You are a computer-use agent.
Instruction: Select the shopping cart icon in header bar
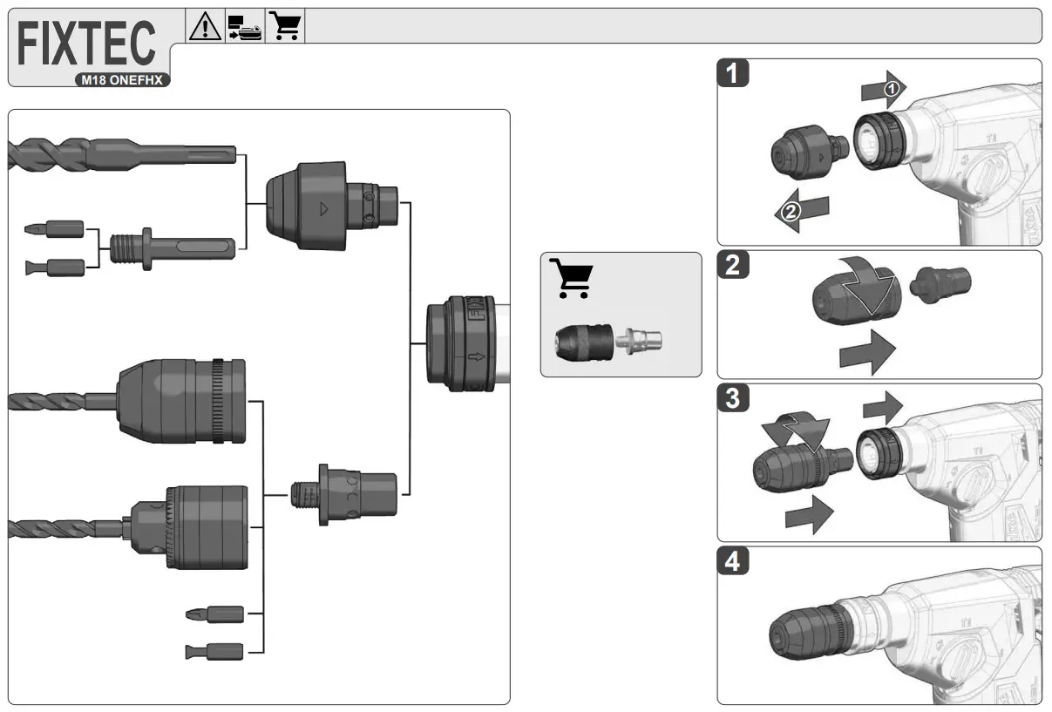[x=285, y=26]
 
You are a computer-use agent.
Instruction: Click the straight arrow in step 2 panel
[x=866, y=352]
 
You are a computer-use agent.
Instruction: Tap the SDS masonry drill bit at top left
[x=122, y=155]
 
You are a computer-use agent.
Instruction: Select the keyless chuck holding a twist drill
[x=183, y=401]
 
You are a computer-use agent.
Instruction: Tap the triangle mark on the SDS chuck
[x=324, y=209]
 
